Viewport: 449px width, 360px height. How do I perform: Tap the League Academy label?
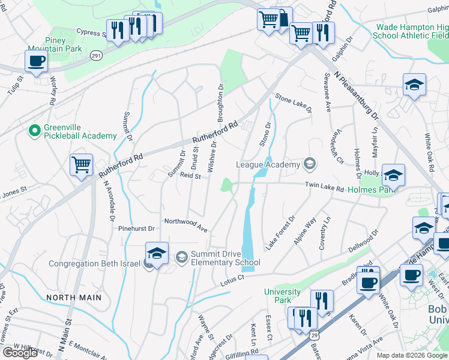pos(268,164)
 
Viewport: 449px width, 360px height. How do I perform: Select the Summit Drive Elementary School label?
pos(225,258)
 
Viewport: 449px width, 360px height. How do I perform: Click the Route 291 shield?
pos(96,55)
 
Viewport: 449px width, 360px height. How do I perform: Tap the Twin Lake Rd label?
pos(324,188)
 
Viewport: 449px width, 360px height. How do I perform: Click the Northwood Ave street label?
pos(186,225)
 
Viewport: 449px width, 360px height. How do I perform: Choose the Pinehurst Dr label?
pos(136,229)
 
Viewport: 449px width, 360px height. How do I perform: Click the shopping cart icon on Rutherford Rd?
pos(82,164)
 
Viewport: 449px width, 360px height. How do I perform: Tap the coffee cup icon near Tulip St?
pos(37,61)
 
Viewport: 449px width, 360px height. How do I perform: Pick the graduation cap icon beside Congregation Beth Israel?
pos(157,253)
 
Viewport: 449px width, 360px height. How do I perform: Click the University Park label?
pos(282,296)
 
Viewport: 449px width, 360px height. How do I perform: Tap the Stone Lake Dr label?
pos(294,103)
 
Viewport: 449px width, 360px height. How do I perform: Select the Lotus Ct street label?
pos(232,279)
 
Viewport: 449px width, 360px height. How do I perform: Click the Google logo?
pos(20,352)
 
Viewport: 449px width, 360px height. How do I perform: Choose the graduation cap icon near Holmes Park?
pos(393,175)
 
